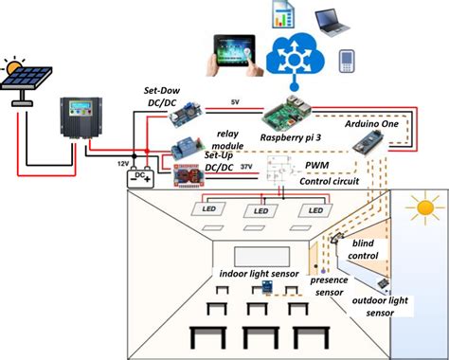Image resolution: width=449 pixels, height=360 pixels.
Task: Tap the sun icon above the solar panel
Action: tap(14, 68)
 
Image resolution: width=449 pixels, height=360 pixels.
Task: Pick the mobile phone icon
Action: tap(347, 62)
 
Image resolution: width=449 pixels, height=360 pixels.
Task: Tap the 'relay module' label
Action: tap(229, 141)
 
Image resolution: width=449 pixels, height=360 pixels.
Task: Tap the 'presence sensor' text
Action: tap(332, 285)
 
